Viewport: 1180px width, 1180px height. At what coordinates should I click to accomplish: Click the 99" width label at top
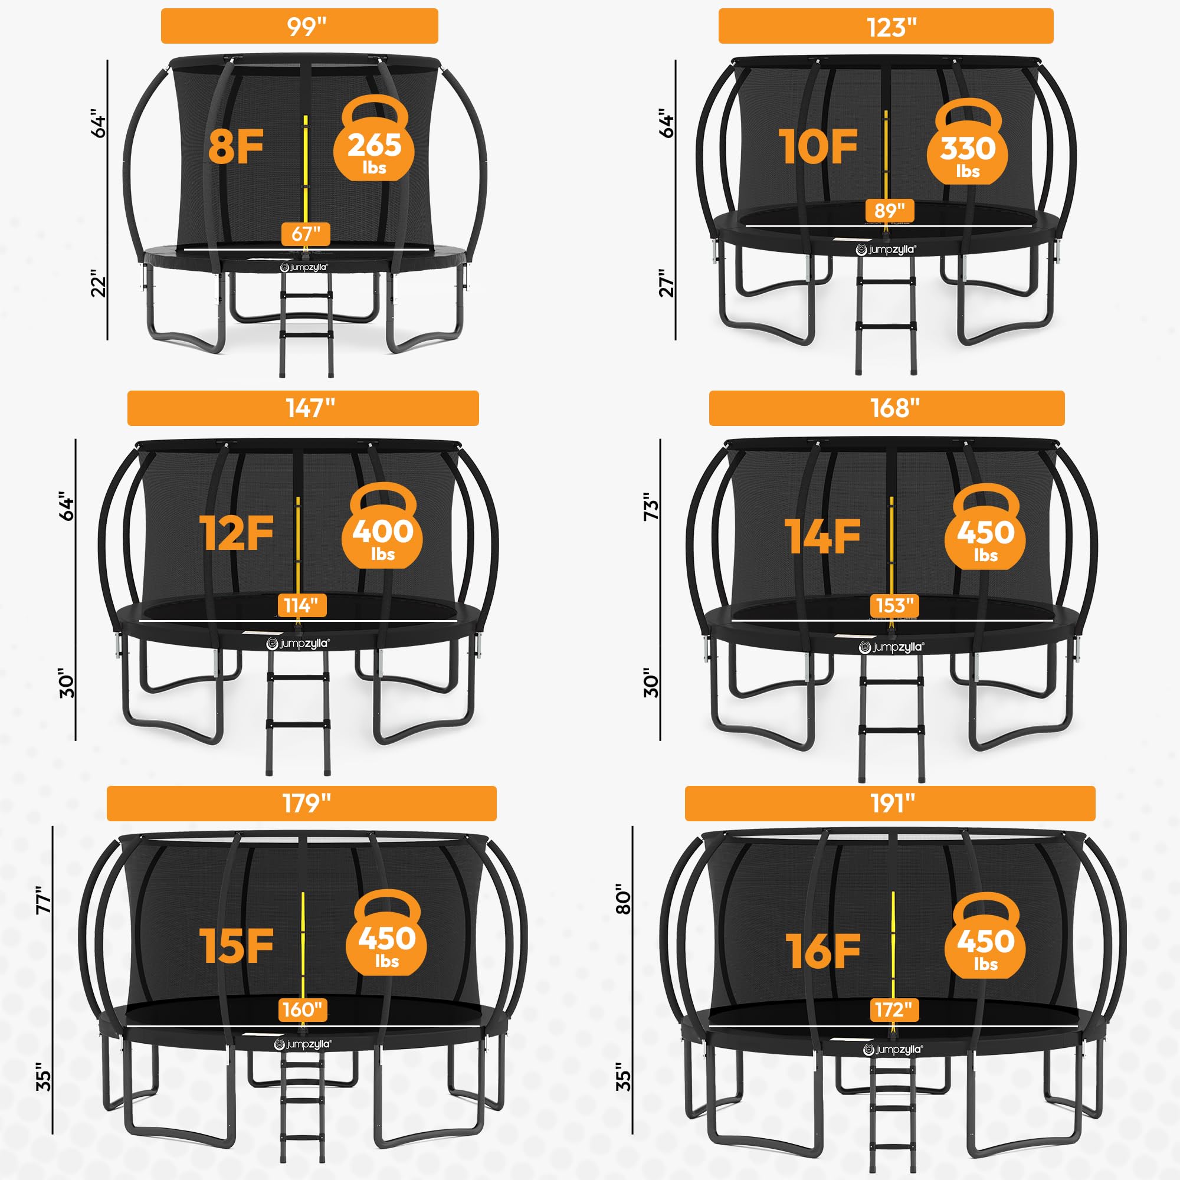(299, 27)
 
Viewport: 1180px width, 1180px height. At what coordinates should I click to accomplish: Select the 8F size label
(236, 147)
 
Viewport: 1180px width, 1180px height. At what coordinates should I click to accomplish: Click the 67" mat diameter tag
(306, 233)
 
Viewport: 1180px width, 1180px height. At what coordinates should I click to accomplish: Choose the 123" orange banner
(886, 27)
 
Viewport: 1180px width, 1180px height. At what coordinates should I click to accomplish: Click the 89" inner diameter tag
(889, 211)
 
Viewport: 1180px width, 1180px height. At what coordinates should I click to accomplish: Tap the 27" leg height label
(666, 283)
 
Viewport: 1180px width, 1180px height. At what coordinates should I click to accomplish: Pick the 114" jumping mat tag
(301, 605)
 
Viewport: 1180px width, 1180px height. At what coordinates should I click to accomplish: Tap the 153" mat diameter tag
(894, 605)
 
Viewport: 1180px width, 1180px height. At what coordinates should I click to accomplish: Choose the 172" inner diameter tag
(893, 1009)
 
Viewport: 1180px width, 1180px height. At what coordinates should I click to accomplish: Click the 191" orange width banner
(890, 803)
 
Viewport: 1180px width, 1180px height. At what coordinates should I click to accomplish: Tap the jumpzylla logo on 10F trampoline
(885, 249)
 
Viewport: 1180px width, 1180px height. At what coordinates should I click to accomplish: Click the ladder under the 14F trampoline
(891, 721)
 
